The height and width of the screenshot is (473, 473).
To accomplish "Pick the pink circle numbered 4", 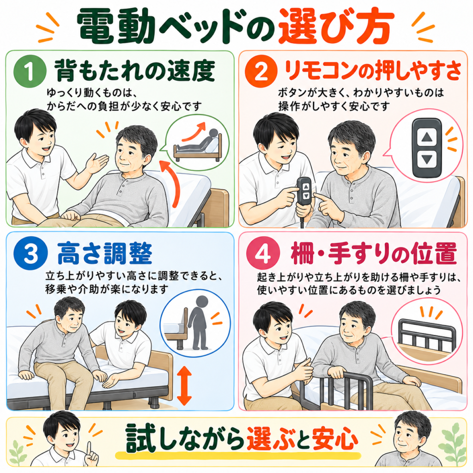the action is click(x=263, y=254).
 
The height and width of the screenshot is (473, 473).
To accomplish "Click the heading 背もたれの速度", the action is click(x=135, y=71).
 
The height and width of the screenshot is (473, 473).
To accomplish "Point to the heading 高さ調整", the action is click(x=105, y=254).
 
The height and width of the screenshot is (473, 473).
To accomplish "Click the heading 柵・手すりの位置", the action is click(x=373, y=254).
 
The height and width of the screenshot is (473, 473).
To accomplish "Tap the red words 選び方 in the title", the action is click(x=336, y=26).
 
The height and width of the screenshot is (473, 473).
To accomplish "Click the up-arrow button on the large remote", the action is click(x=427, y=138).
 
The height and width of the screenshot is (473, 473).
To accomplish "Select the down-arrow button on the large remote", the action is click(x=427, y=159).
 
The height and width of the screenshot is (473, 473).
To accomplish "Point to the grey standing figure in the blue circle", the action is click(x=198, y=322).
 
